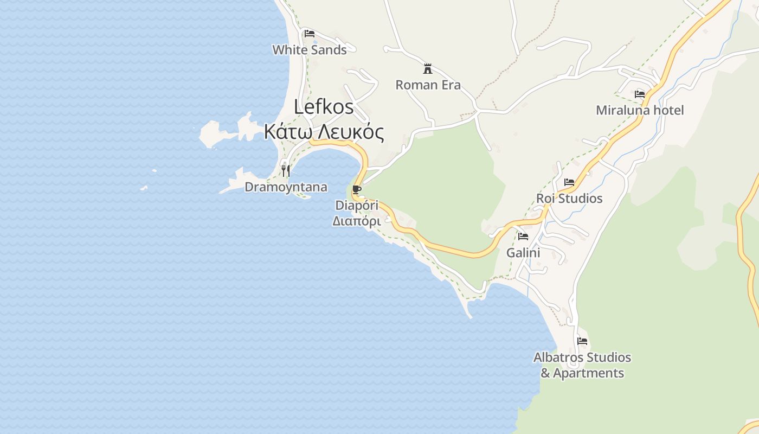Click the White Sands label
tap(309, 50)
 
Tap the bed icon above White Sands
tap(310, 34)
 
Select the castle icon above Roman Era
tap(428, 69)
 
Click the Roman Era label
tap(428, 85)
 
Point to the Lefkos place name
tap(324, 107)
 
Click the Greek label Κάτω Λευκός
tap(324, 132)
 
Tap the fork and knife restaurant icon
tap(286, 171)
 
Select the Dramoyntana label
tap(286, 187)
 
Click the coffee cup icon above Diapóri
tap(356, 189)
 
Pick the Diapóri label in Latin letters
tap(357, 206)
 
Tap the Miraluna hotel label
tap(640, 111)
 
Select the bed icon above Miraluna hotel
tap(640, 94)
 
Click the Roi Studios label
tap(569, 199)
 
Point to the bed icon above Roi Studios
tap(569, 182)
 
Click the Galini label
tap(523, 253)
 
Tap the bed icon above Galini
tap(523, 237)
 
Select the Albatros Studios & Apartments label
tap(582, 365)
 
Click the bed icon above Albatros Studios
tap(582, 341)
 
